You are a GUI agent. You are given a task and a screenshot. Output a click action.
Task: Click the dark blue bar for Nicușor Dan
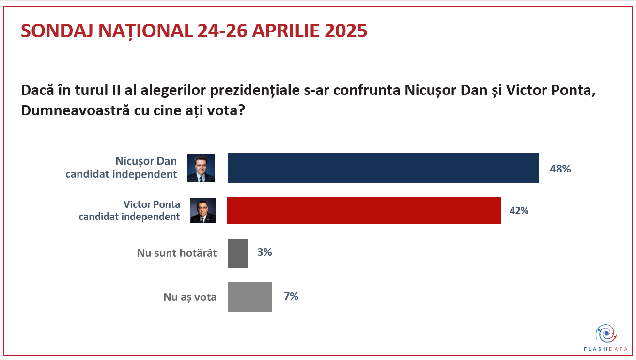[383, 168]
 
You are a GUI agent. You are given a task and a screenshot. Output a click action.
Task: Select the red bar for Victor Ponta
[364, 211]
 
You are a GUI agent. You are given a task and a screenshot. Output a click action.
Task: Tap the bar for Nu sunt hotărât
[237, 253]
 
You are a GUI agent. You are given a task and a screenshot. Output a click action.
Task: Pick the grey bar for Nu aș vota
[249, 297]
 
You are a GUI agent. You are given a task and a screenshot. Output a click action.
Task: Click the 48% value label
[560, 169]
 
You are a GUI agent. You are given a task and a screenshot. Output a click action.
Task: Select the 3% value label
[264, 252]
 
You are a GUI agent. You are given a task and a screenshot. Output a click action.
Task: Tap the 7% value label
[291, 296]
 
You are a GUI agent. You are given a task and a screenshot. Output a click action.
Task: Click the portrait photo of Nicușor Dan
[201, 168]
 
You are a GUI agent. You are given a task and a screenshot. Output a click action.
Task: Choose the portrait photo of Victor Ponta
[202, 211]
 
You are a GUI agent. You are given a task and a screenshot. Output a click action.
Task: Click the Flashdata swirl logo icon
[605, 333]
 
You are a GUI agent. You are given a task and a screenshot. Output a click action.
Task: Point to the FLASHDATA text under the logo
[605, 349]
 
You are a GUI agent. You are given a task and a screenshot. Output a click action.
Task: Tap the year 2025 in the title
[346, 31]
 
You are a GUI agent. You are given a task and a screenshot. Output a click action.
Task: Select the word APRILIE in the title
[280, 31]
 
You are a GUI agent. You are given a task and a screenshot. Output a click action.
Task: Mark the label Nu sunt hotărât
[177, 253]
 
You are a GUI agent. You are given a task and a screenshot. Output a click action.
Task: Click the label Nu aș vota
[190, 297]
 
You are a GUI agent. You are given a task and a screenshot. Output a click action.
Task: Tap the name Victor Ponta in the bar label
[152, 204]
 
